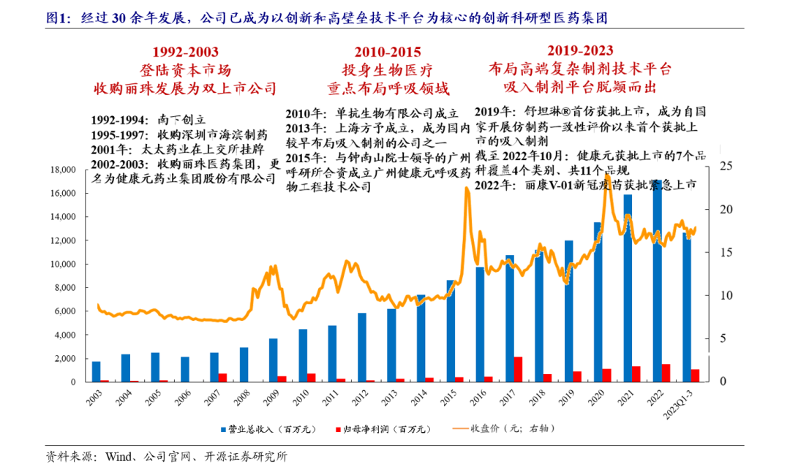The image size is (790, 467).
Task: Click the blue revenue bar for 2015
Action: (x=451, y=331)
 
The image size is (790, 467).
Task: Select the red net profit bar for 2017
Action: (x=518, y=369)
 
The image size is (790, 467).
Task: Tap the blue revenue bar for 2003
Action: (x=96, y=371)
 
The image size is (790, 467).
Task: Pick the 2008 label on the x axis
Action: (x=244, y=395)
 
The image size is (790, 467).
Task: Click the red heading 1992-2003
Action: (x=184, y=52)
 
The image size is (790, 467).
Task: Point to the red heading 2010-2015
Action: (x=388, y=52)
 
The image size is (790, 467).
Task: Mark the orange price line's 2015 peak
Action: (x=466, y=189)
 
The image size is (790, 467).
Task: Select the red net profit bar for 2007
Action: (x=222, y=378)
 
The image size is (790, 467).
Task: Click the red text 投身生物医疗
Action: (x=388, y=70)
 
